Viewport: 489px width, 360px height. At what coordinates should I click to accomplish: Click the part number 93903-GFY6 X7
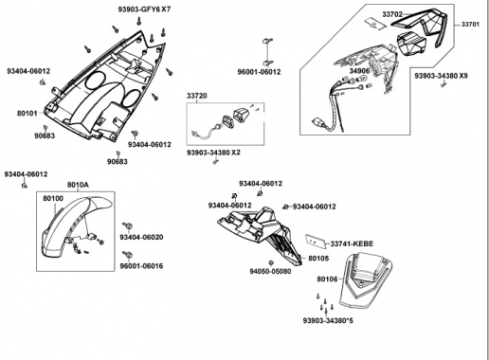point(144,9)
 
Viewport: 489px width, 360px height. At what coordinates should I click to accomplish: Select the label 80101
point(27,113)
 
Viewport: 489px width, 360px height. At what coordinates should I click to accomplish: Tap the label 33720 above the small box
point(197,96)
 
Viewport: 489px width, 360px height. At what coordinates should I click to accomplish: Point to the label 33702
point(392,14)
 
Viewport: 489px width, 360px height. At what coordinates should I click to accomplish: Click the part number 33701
point(470,24)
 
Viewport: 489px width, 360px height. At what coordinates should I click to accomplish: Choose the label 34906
point(359,71)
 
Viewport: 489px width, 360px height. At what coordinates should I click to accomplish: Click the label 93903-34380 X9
point(442,76)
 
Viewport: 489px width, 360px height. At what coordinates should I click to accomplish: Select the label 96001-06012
point(259,72)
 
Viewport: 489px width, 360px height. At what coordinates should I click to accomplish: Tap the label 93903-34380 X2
point(213,153)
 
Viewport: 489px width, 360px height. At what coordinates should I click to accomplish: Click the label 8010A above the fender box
point(78,185)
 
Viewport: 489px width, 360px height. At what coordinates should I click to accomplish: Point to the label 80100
point(53,198)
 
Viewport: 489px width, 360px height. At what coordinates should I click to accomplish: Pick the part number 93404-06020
point(141,237)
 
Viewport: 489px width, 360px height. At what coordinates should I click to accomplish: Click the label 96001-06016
point(141,266)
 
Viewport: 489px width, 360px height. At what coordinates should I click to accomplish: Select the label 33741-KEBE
point(352,243)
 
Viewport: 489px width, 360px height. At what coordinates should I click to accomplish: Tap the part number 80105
point(318,259)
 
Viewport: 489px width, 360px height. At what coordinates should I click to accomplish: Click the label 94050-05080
point(270,271)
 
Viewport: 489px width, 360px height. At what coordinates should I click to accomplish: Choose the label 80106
point(327,279)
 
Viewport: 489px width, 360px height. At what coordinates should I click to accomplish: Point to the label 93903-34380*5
point(328,321)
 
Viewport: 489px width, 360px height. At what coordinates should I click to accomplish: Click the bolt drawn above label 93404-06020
point(128,226)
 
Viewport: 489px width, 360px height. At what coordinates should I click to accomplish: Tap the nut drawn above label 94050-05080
point(271,262)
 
